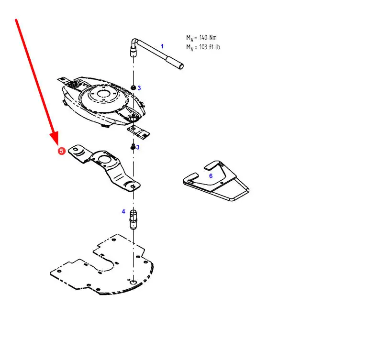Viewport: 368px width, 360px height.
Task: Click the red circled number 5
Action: [x=61, y=151]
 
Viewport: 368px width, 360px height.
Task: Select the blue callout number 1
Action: [x=162, y=46]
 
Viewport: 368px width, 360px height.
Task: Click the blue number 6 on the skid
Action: [x=211, y=176]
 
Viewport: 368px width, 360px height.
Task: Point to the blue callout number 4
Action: [x=123, y=211]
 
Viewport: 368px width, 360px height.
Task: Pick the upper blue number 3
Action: [x=139, y=88]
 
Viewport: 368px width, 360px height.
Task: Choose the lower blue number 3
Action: [x=138, y=147]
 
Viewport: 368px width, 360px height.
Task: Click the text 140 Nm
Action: [x=208, y=37]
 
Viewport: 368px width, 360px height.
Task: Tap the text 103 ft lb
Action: [x=209, y=47]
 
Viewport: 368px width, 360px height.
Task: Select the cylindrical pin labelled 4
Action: [x=133, y=219]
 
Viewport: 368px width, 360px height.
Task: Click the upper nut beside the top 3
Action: [x=134, y=88]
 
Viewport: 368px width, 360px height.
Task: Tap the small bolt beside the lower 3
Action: [x=133, y=147]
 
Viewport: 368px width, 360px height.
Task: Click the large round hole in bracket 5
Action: [x=104, y=160]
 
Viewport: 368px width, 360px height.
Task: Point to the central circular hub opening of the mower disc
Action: [x=103, y=94]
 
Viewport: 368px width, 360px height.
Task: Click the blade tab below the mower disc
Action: [x=138, y=131]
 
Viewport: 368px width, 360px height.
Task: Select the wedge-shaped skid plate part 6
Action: [x=216, y=181]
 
